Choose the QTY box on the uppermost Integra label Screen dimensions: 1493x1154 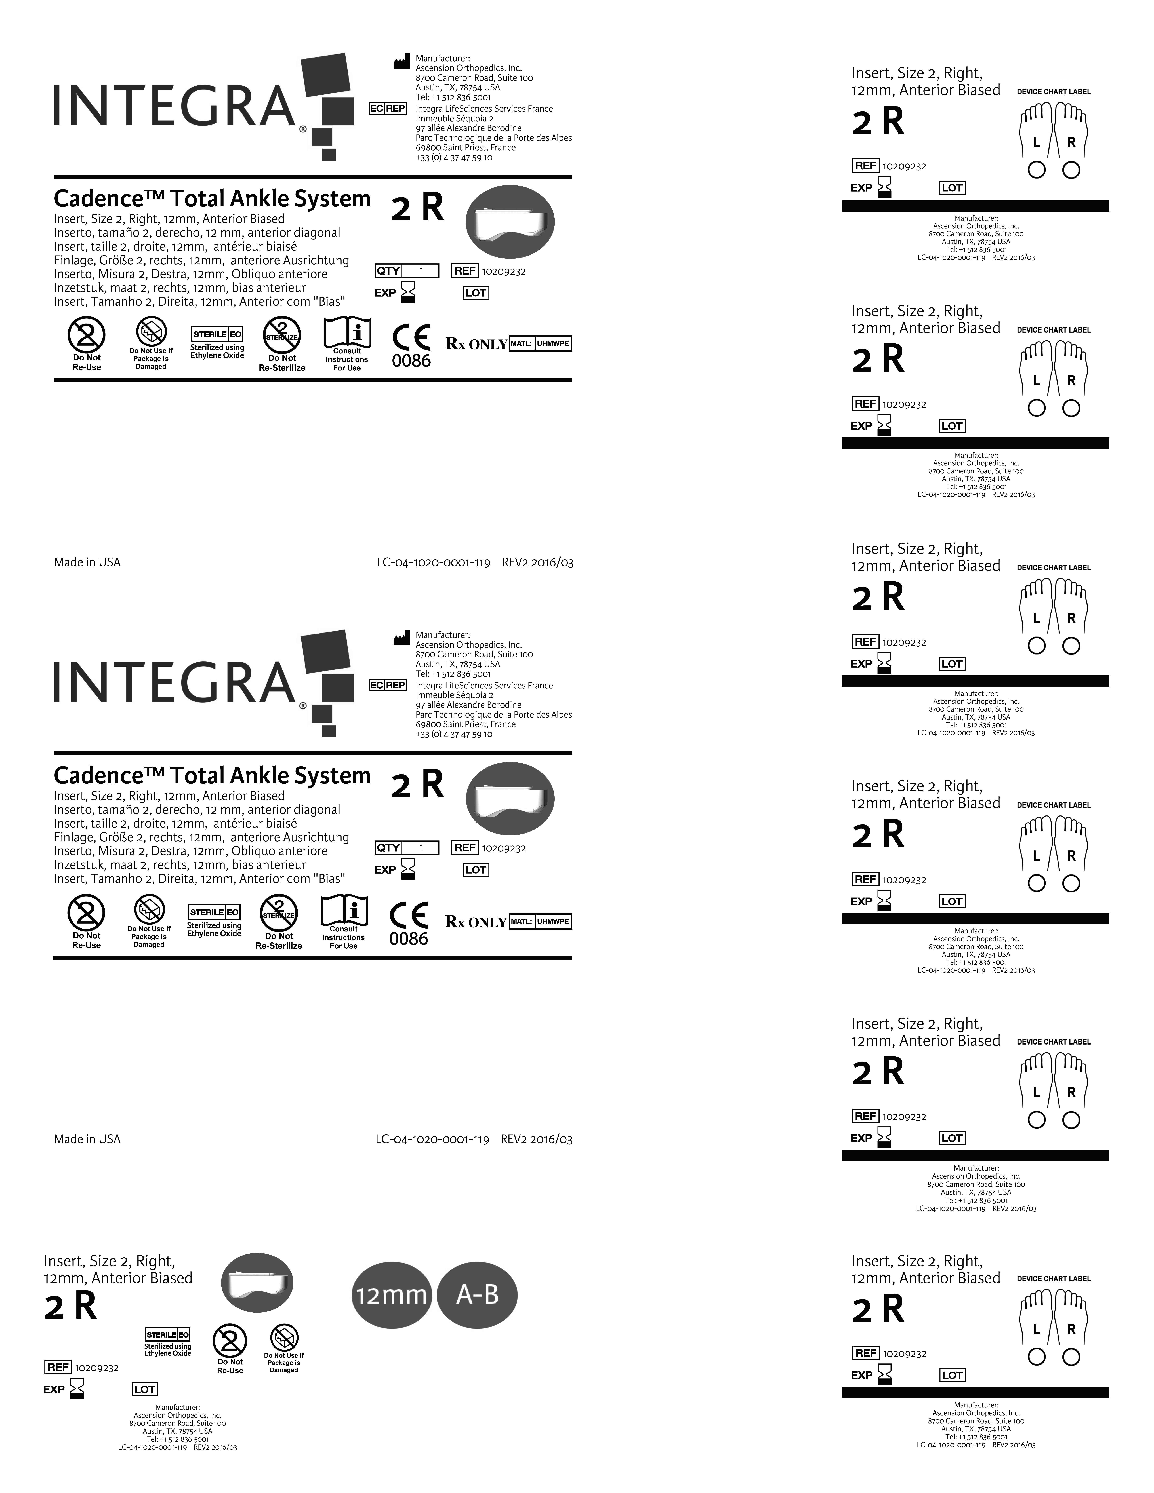tap(407, 271)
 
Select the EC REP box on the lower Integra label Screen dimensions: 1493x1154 tap(388, 685)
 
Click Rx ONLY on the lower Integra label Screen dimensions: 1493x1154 tap(476, 922)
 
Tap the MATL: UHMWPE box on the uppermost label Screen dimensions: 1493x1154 tap(540, 343)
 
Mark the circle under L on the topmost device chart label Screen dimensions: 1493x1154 tap(1036, 170)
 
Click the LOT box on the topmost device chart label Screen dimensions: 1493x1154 tap(952, 187)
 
